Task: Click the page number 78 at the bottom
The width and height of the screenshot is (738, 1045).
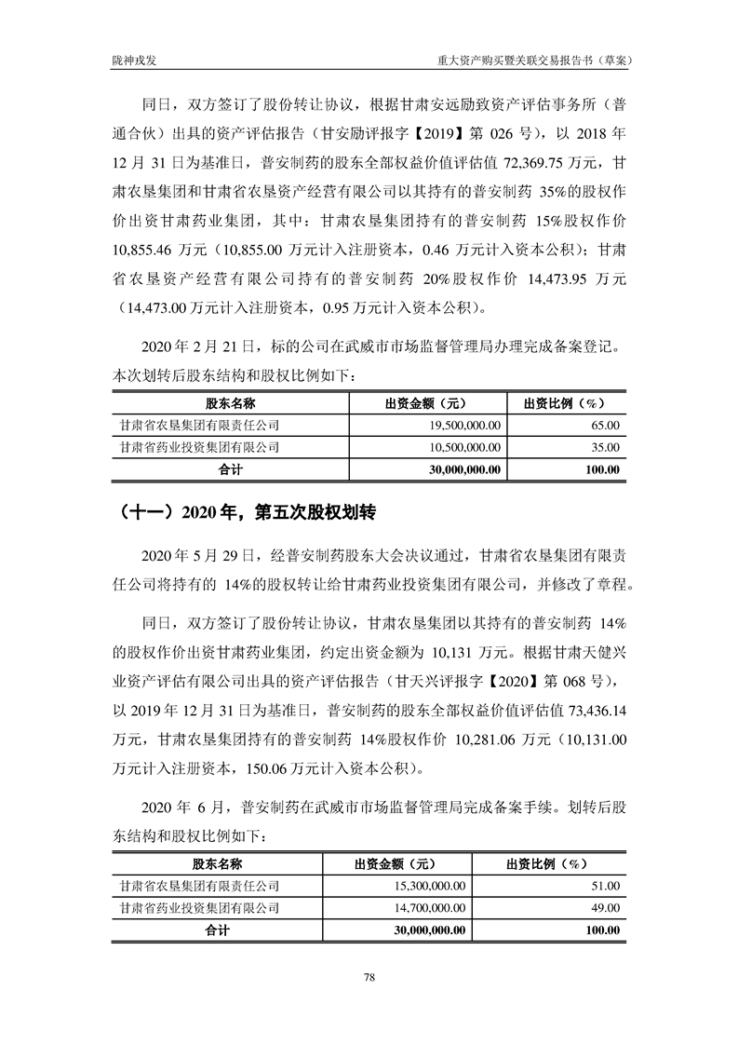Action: tap(369, 976)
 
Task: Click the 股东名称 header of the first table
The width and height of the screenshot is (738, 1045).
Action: tap(230, 402)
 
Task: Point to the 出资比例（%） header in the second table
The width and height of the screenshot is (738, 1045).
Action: tap(549, 862)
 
